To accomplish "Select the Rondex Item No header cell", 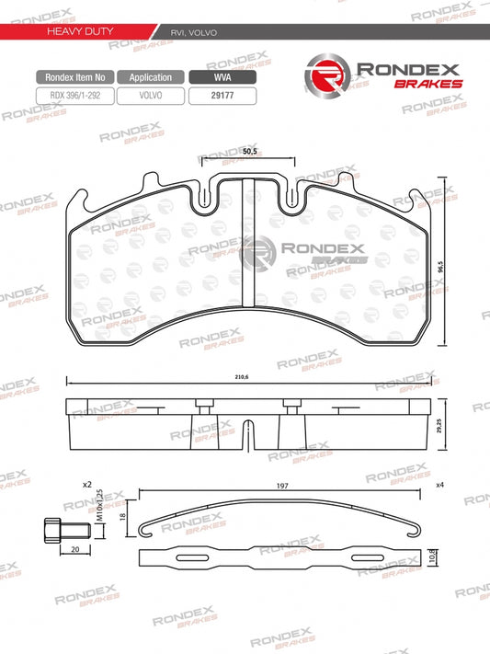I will pyautogui.click(x=75, y=78).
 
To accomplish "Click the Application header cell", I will pyautogui.click(x=152, y=78).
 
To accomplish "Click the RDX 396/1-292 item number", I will pyautogui.click(x=75, y=94).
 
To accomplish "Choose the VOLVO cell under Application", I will pyautogui.click(x=152, y=94).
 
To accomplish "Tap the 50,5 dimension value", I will pyautogui.click(x=247, y=154).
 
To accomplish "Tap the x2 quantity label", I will pyautogui.click(x=88, y=483).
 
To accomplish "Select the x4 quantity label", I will pyautogui.click(x=440, y=484).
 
